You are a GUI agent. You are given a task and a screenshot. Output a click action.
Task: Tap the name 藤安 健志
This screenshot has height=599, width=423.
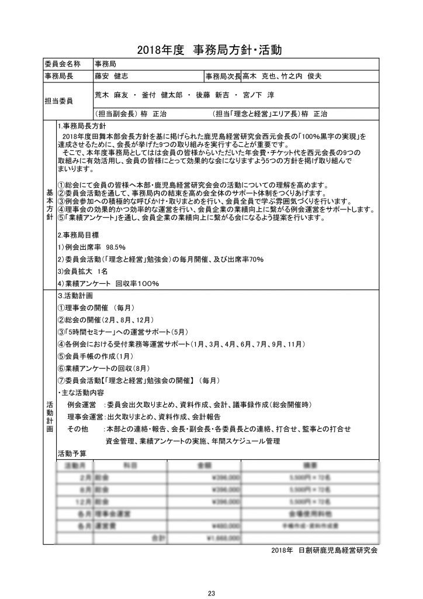(113, 77)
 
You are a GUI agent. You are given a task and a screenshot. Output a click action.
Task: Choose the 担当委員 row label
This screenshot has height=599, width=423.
(58, 101)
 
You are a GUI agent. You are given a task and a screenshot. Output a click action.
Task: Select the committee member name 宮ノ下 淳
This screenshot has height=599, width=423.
(259, 95)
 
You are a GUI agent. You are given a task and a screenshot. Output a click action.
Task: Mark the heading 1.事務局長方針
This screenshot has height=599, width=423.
(81, 126)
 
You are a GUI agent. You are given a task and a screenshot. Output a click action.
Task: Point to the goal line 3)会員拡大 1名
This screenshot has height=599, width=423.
(83, 271)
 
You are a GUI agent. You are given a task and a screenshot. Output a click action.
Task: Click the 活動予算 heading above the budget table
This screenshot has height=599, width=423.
(72, 453)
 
